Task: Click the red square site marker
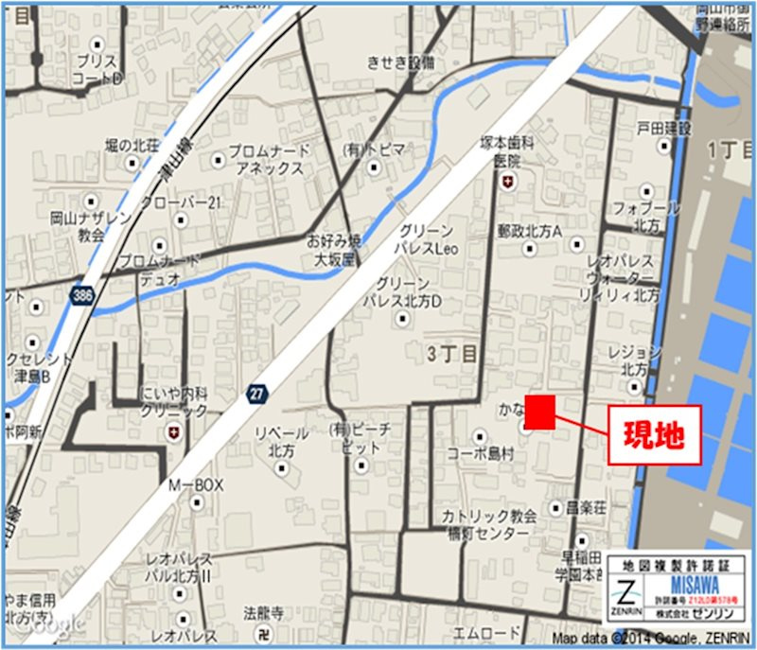539,413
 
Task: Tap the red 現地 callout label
654,435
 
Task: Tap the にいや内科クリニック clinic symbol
172,432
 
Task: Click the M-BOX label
196,485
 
